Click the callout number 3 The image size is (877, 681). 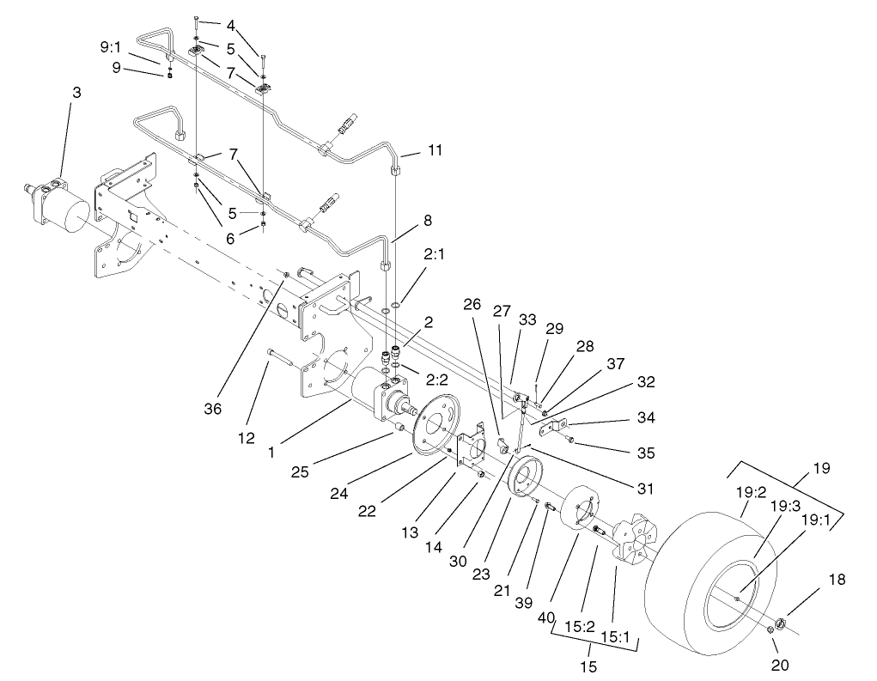click(x=76, y=92)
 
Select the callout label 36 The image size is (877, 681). click(x=213, y=410)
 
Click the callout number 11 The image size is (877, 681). click(x=435, y=151)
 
